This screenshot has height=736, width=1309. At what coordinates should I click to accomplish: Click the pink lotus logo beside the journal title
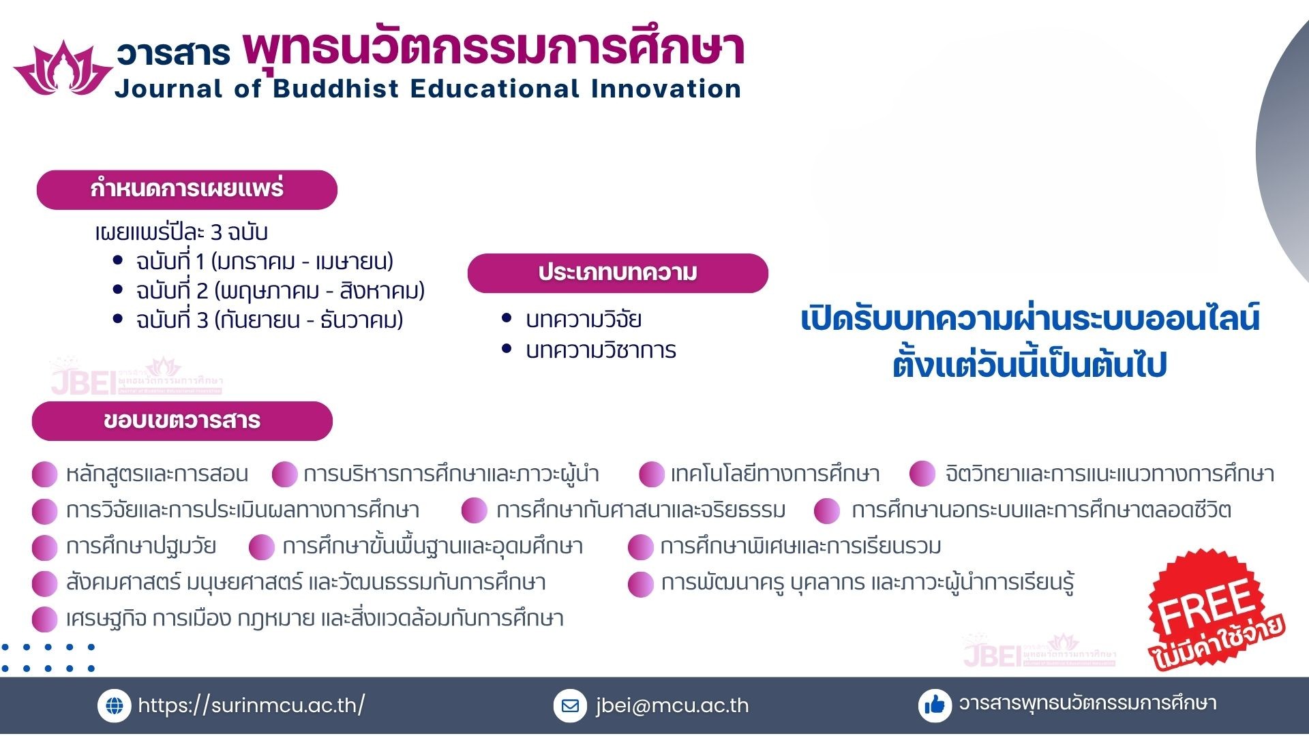click(63, 68)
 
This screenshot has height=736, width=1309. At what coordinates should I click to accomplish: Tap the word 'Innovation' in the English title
click(666, 89)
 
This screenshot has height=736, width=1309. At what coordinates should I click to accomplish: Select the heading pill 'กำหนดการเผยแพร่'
click(187, 189)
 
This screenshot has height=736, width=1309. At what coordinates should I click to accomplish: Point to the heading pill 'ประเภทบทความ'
click(618, 273)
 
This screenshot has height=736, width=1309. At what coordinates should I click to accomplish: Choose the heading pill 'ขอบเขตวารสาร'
click(182, 421)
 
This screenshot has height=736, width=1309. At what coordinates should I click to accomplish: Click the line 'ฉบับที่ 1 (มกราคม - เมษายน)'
click(265, 261)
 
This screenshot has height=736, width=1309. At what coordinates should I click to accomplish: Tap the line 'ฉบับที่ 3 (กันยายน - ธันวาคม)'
click(269, 320)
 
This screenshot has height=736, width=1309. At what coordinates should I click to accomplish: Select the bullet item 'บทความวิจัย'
click(584, 319)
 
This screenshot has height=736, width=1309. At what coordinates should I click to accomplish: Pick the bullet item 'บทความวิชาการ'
click(601, 350)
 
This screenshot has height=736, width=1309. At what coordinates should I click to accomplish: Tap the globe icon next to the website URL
click(115, 706)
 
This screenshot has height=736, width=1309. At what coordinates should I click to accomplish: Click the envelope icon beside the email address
click(570, 706)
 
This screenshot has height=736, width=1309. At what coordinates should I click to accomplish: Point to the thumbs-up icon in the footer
click(935, 705)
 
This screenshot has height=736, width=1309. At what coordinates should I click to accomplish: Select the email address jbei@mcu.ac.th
click(672, 705)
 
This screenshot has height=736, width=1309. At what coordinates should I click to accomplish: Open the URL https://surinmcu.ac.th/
click(252, 705)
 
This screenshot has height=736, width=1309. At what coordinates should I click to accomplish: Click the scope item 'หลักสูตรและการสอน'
click(157, 474)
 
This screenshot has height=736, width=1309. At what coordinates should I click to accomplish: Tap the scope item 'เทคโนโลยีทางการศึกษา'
click(775, 474)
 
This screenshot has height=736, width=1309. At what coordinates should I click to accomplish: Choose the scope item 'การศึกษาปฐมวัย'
click(141, 546)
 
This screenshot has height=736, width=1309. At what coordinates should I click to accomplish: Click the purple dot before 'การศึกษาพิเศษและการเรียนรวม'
click(641, 547)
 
